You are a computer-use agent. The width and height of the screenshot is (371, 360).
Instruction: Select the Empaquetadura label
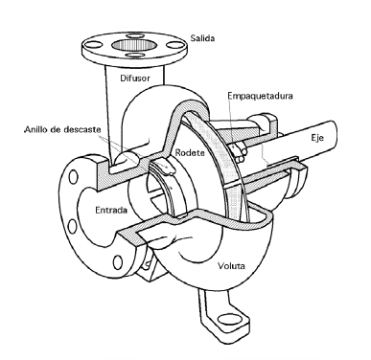[260, 97]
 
